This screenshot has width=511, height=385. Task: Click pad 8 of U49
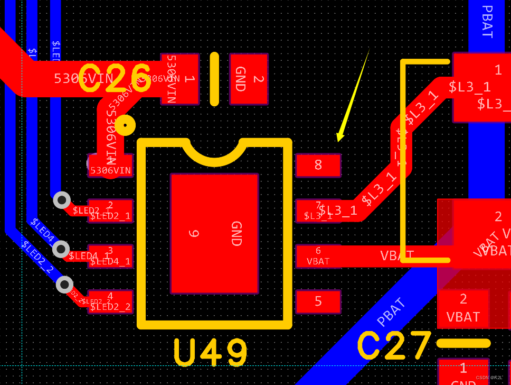(318, 165)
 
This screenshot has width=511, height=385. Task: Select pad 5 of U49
(318, 301)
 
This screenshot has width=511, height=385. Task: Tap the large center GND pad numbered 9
(214, 233)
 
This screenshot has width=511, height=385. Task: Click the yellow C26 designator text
(115, 78)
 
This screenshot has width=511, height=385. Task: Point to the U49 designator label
(211, 353)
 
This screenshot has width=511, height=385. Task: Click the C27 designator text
(395, 346)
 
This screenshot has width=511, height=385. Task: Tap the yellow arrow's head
(339, 138)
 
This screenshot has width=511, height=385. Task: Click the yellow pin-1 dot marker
(125, 125)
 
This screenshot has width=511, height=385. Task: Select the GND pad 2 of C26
(249, 79)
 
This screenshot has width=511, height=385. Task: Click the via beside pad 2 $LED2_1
(62, 200)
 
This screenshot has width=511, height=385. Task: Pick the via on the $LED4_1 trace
(61, 249)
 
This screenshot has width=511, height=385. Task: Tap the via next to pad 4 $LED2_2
(64, 285)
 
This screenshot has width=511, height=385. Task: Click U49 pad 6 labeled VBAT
(318, 256)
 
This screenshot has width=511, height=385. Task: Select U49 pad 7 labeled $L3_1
(318, 210)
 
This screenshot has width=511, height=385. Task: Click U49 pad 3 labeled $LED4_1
(110, 256)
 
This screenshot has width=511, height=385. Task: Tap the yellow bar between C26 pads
(214, 79)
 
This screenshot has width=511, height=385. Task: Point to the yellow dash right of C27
(463, 343)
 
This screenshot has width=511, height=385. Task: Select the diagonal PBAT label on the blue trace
(392, 312)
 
